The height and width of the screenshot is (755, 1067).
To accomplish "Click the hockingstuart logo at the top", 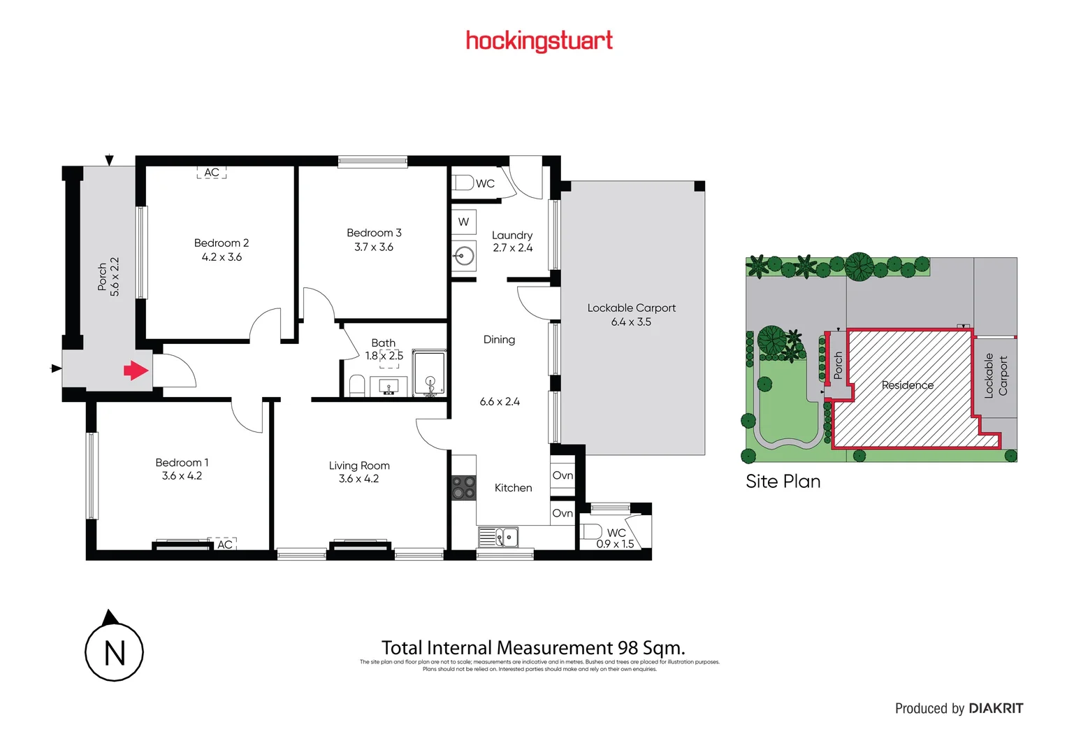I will pyautogui.click(x=539, y=41).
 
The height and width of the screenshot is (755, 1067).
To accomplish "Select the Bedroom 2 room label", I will pyautogui.click(x=222, y=243).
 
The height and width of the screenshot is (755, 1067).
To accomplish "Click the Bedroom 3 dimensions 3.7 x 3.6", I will pyautogui.click(x=374, y=247).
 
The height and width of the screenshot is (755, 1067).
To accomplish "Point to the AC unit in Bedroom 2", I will pyautogui.click(x=212, y=173).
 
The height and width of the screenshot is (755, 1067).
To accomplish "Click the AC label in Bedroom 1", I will pyautogui.click(x=224, y=544).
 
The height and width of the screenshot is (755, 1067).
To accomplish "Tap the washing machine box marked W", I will pyautogui.click(x=463, y=222).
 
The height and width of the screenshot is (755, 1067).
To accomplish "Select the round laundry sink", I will pyautogui.click(x=463, y=256).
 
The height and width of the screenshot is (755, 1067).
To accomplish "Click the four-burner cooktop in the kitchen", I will pyautogui.click(x=463, y=487).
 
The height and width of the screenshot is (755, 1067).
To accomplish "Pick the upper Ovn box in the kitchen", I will pyautogui.click(x=562, y=475).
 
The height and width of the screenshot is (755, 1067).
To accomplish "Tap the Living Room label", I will pyautogui.click(x=359, y=466).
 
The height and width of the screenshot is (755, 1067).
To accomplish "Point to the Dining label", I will pyautogui.click(x=499, y=340).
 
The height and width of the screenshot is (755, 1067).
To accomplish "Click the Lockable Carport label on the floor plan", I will pyautogui.click(x=631, y=308).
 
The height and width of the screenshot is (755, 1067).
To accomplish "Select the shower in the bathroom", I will pyautogui.click(x=430, y=373).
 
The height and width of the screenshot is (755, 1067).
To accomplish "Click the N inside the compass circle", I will pyautogui.click(x=115, y=654).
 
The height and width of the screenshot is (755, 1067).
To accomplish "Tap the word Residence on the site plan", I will pyautogui.click(x=907, y=385).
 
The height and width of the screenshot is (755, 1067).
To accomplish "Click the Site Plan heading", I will pyautogui.click(x=783, y=481).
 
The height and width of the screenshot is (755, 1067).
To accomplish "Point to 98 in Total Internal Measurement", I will pyautogui.click(x=627, y=648).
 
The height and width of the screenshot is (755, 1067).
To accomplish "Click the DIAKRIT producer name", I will pyautogui.click(x=996, y=708).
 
